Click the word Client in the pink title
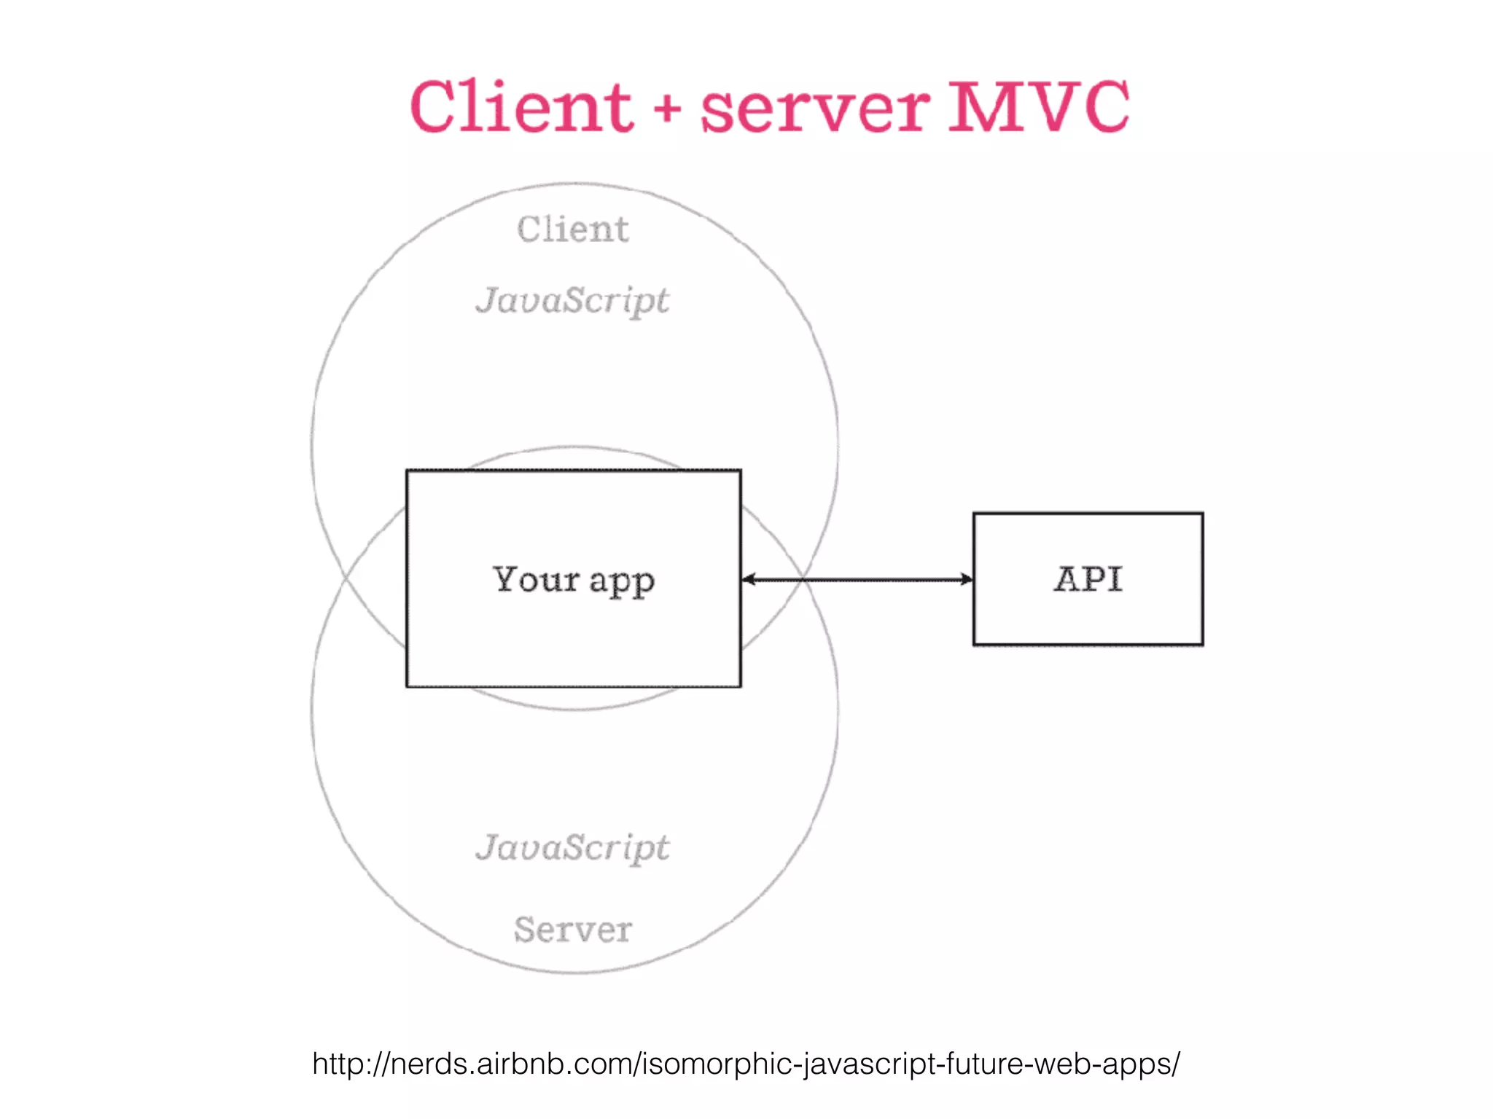(x=521, y=108)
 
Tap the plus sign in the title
(x=667, y=111)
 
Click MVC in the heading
(x=1038, y=108)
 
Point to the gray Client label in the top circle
(x=573, y=229)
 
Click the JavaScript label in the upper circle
(x=573, y=301)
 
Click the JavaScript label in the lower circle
(x=573, y=848)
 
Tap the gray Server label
(x=573, y=930)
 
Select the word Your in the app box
(x=536, y=580)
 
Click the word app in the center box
(x=622, y=582)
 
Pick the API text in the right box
(x=1088, y=580)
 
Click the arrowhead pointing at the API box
(x=967, y=580)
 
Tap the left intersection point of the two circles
(x=345, y=578)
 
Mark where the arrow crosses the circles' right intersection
(x=803, y=580)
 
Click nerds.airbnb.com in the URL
(x=513, y=1064)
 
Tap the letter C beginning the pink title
(x=436, y=108)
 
